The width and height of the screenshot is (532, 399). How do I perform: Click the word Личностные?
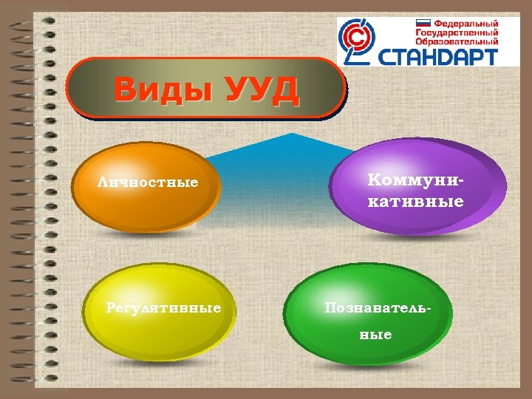149,182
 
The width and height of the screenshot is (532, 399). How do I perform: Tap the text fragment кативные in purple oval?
416,201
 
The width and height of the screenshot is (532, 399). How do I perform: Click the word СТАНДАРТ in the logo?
439,55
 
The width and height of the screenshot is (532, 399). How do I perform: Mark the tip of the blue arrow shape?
293,134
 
